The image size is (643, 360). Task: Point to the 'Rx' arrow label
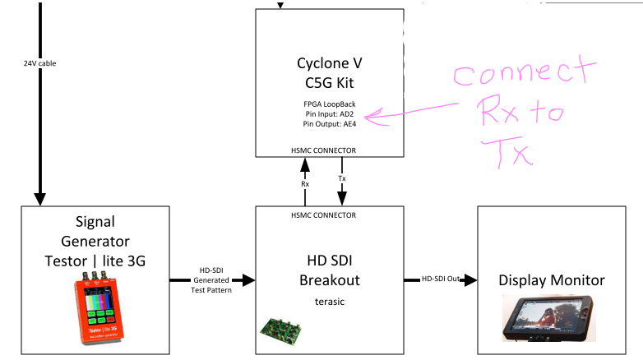[305, 183]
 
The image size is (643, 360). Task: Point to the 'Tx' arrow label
[342, 178]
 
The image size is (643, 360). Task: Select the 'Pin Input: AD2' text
[329, 113]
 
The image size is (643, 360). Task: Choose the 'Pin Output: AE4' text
[329, 123]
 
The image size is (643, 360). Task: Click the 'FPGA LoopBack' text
[329, 104]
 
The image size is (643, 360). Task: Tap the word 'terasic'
[329, 301]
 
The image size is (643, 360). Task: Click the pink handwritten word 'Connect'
[512, 76]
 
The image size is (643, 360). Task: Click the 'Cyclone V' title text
[329, 63]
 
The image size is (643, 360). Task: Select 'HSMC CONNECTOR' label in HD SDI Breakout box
[329, 215]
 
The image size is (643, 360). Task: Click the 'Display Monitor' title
[552, 280]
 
